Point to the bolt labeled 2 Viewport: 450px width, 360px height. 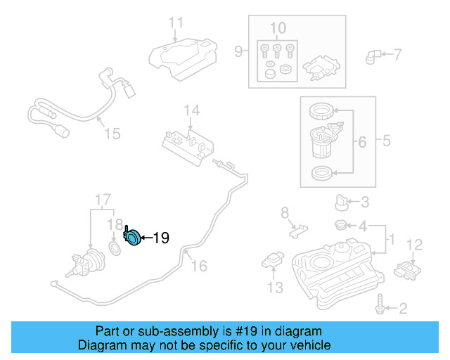tap(380, 307)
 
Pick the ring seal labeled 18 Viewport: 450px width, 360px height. tap(115, 249)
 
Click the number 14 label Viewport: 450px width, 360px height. tap(192, 110)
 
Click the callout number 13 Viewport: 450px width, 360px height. tap(274, 287)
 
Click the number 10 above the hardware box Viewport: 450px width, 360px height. tap(278, 28)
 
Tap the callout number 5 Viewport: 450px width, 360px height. tap(386, 141)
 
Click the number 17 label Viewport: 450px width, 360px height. tap(103, 199)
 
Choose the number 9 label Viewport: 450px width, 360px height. tap(238, 51)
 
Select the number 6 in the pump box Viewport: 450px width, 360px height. tap(361, 142)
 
